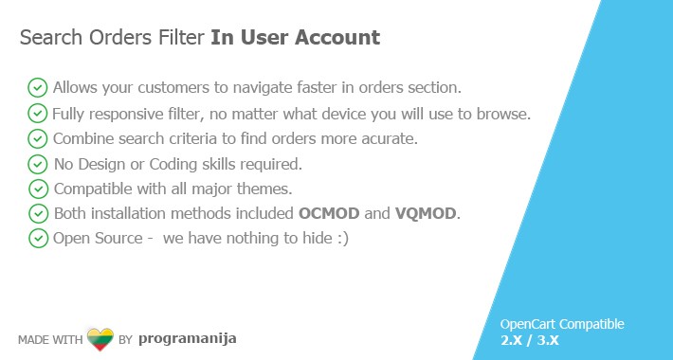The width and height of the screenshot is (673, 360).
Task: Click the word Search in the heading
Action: pyautogui.click(x=48, y=38)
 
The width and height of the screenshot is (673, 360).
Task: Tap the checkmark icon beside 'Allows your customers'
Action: pyautogui.click(x=38, y=88)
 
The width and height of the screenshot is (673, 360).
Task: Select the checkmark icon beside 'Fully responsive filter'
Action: pyautogui.click(x=38, y=114)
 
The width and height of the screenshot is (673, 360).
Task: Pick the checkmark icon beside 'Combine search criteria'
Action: pyautogui.click(x=38, y=138)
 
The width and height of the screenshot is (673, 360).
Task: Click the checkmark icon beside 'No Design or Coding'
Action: pyautogui.click(x=38, y=164)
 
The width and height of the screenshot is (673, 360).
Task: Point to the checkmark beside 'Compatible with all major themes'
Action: pyautogui.click(x=38, y=189)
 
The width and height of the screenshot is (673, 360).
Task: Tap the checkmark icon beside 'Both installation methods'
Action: pyautogui.click(x=38, y=213)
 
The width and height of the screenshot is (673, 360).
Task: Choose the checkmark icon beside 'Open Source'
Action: pyautogui.click(x=38, y=238)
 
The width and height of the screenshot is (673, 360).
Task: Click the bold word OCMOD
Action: pyautogui.click(x=328, y=213)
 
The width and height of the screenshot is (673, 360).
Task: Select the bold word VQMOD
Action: pyautogui.click(x=427, y=213)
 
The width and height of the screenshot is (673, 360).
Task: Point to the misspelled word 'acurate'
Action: pyautogui.click(x=391, y=138)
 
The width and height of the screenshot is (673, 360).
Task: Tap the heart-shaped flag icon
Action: pyautogui.click(x=100, y=338)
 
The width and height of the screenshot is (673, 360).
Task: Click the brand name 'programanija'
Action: pyautogui.click(x=187, y=337)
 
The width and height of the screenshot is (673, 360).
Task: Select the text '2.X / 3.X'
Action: pyautogui.click(x=529, y=340)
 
